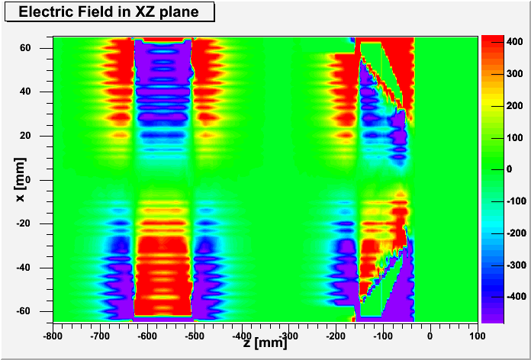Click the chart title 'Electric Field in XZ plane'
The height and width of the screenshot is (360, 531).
point(108,11)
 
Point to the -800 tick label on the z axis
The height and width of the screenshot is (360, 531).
point(53,336)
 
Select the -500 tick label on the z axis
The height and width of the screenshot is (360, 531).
point(194,336)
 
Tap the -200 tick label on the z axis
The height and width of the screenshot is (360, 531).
point(336,336)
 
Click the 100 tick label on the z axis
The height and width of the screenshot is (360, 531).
point(477,336)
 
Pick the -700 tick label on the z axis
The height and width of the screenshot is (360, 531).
point(100,336)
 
